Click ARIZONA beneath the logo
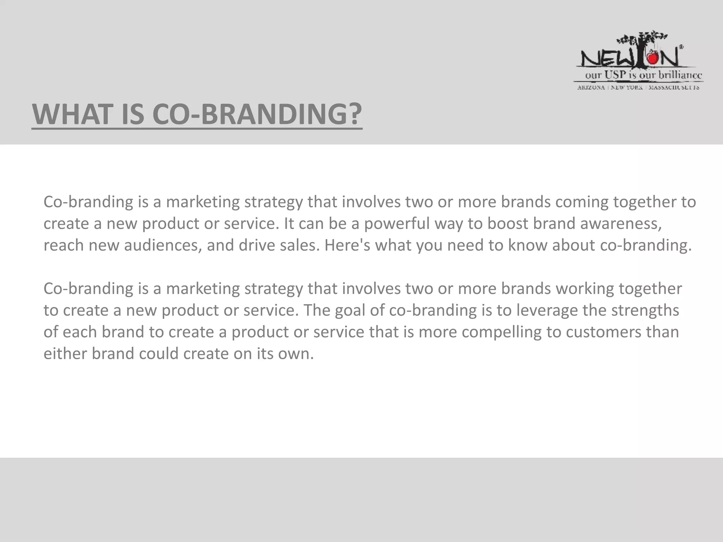click(x=591, y=87)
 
